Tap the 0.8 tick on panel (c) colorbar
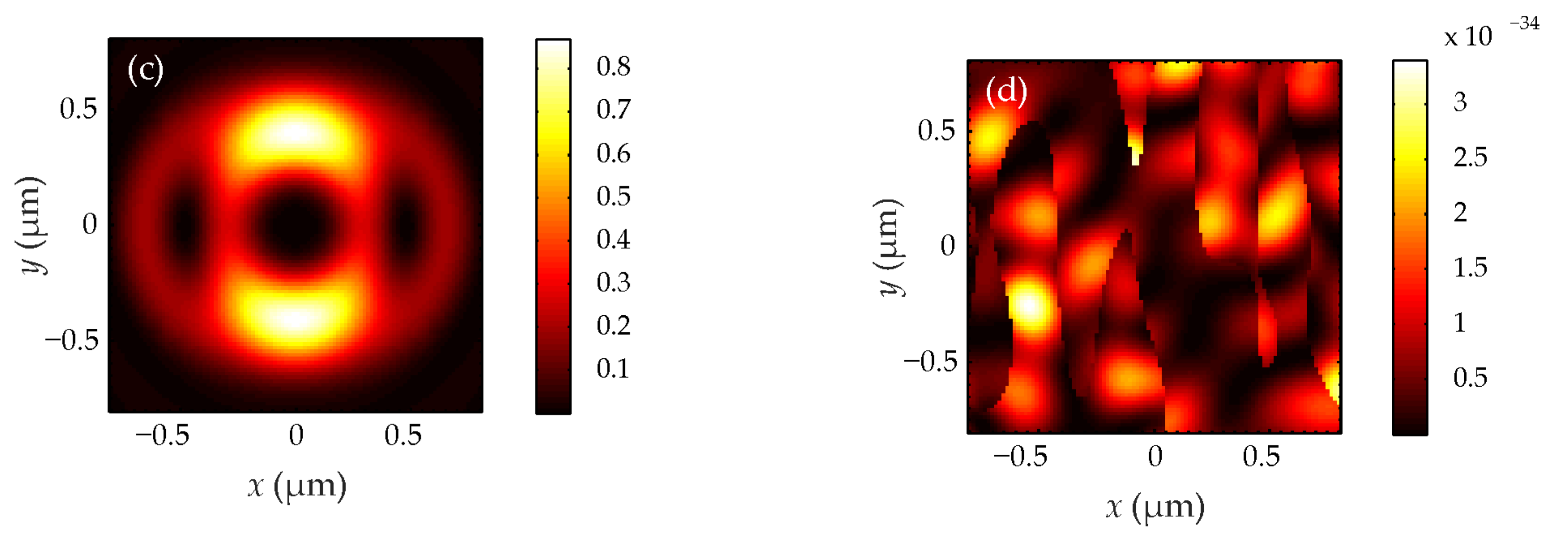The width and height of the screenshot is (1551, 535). (x=613, y=66)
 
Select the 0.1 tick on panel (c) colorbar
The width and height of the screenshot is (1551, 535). (x=613, y=368)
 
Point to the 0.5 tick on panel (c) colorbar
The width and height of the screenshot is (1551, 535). (x=613, y=197)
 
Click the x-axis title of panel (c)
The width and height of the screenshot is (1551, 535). (x=297, y=486)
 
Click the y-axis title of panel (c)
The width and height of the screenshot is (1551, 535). (x=30, y=225)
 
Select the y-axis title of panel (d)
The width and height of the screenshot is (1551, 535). (x=889, y=246)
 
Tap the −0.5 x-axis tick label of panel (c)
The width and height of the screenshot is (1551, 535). (x=162, y=435)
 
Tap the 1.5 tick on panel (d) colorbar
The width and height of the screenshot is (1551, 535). (x=1470, y=267)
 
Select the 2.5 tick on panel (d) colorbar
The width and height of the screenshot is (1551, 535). (x=1470, y=157)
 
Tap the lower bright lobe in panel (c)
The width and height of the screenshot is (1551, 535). (x=295, y=316)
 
